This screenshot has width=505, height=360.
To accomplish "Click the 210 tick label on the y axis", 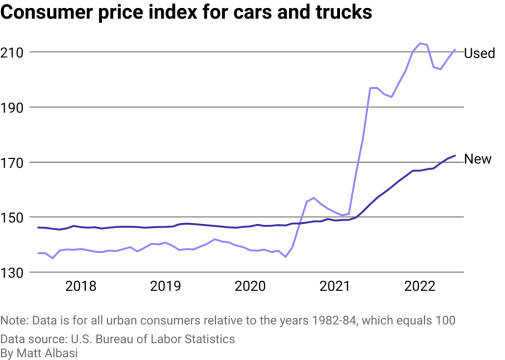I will click(14, 52).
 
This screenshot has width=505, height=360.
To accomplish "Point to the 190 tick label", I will click(14, 107).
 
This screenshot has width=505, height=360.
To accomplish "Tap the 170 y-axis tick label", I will click(14, 162).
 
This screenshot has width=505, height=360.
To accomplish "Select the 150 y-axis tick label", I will click(14, 217).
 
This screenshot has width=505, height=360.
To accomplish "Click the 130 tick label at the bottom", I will click(14, 272).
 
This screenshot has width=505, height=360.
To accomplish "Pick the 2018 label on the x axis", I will click(81, 286).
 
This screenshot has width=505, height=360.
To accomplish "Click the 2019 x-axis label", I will click(165, 286).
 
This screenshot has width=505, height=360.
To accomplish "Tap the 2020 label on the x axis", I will click(250, 286).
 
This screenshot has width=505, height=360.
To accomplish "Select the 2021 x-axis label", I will click(334, 286).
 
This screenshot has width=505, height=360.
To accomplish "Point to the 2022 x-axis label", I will click(419, 286).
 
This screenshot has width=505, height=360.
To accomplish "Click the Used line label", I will click(479, 53).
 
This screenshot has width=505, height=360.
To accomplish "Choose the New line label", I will click(477, 159).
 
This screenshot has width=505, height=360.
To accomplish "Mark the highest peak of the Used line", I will click(420, 43).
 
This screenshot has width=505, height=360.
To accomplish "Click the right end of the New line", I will click(455, 155).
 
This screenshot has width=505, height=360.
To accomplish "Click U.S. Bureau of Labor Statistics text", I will click(152, 339).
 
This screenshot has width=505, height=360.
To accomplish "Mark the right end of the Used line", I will click(455, 49).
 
